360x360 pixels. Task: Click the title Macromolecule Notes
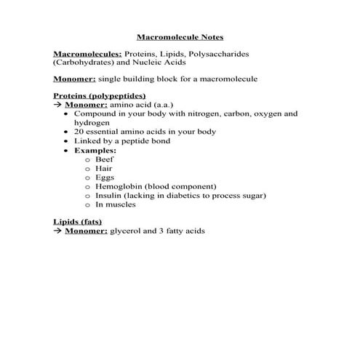click(x=180, y=36)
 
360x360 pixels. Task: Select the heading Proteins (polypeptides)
click(x=100, y=95)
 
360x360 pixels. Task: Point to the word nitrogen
click(x=199, y=113)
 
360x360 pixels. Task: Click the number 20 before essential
click(x=79, y=132)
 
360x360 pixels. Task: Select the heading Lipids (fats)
click(x=78, y=221)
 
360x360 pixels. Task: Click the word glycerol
click(x=125, y=231)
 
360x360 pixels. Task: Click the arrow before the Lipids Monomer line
click(x=58, y=231)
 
